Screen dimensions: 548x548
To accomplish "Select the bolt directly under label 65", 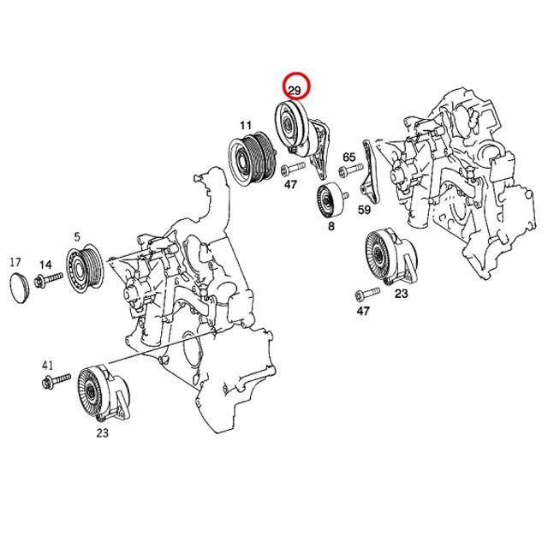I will pos(348,172).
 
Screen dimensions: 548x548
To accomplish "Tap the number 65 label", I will pos(348,158).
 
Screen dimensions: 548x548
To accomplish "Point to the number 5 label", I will pos(77,236).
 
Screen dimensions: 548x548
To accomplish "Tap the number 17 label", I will pos(15,262).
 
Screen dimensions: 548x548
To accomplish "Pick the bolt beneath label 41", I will pos(51,379).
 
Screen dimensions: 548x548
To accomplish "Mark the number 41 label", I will pos(48,365).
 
